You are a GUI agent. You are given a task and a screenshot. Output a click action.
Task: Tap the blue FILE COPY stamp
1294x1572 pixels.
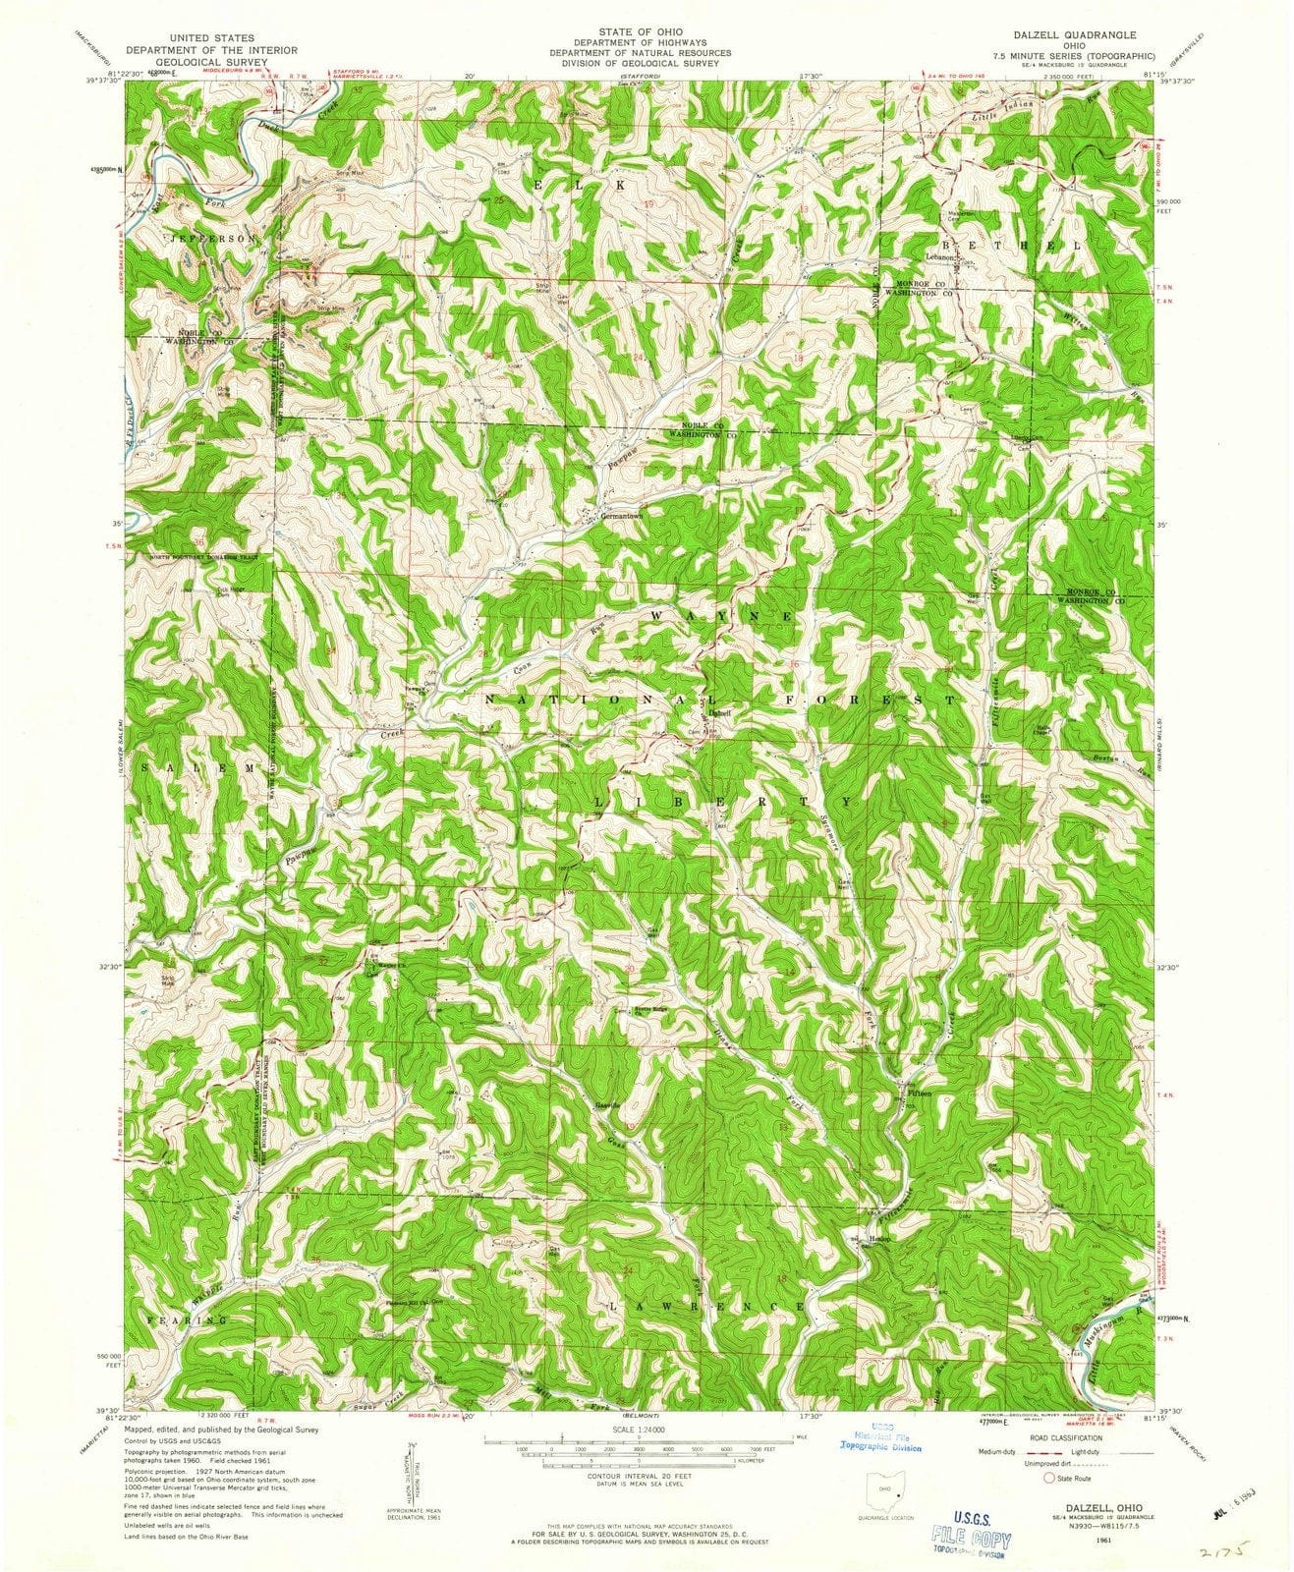972,1523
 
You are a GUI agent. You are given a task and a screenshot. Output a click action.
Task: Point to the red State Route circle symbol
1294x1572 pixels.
1049,1476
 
